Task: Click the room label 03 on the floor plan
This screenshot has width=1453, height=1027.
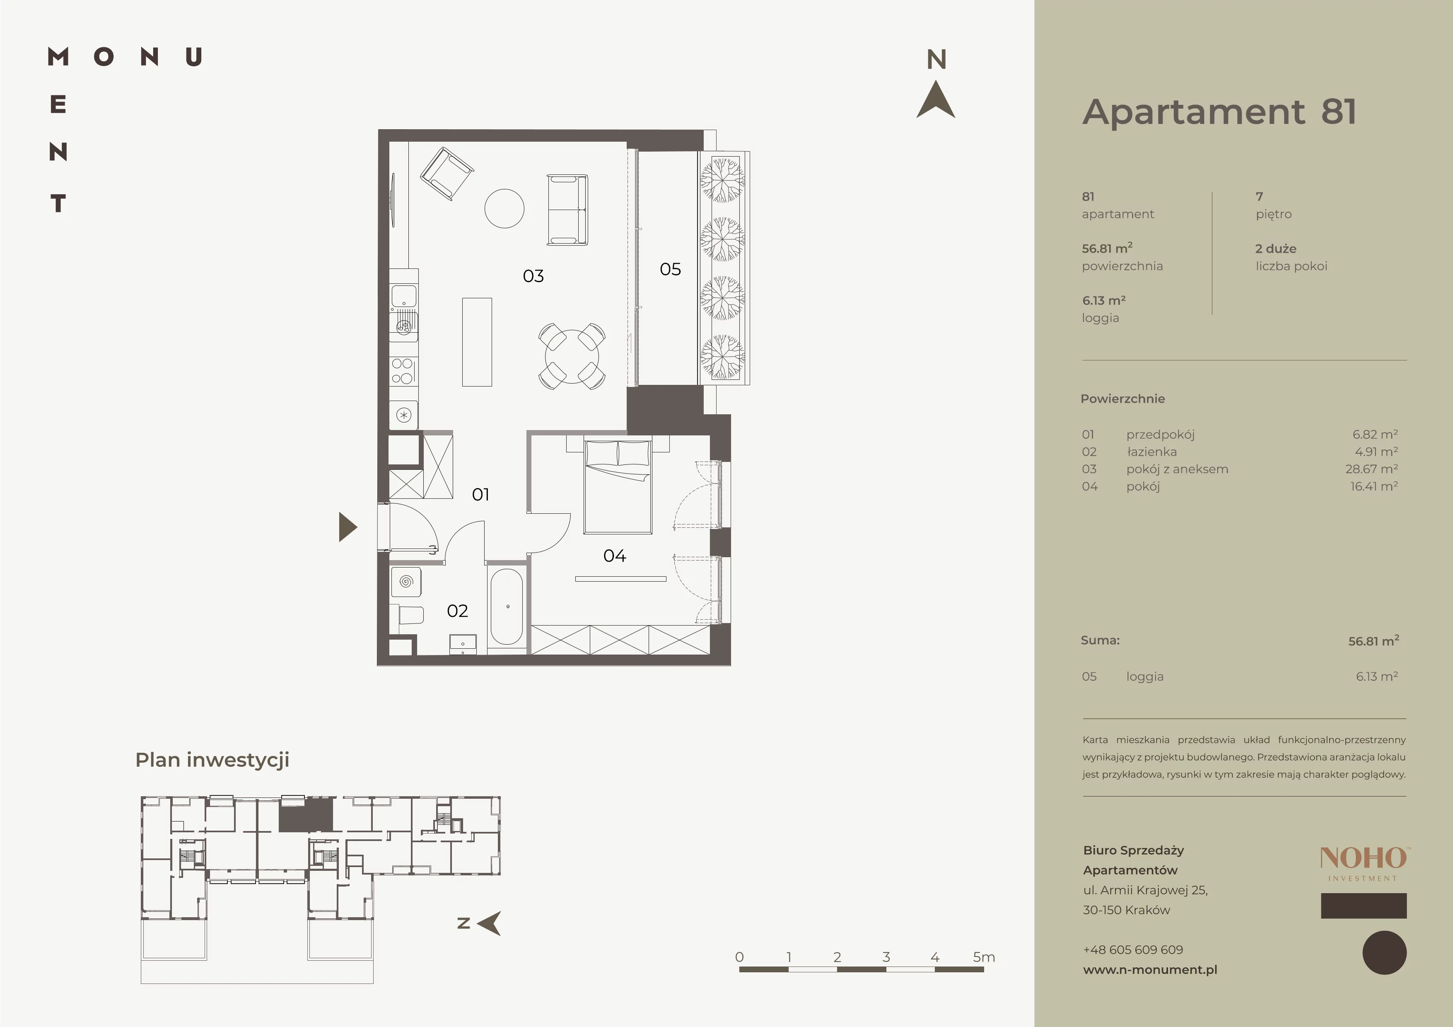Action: pos(533,276)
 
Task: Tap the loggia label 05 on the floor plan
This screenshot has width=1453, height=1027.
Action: pos(670,269)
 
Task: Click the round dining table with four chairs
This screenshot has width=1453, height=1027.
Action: pos(572,356)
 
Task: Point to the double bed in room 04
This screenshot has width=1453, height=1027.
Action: pos(618,487)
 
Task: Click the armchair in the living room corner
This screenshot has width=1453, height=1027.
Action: pos(447,173)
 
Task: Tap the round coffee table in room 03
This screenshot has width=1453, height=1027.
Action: pos(504,208)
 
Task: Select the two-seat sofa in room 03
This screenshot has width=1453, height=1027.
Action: pos(567,210)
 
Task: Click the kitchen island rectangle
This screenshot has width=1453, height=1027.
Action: pos(477,342)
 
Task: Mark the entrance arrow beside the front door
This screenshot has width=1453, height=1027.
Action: pos(348,527)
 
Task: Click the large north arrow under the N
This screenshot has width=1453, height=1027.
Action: pos(936,99)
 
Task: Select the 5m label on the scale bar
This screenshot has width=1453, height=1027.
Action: pos(984,957)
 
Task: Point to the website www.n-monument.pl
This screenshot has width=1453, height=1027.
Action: pos(1150,969)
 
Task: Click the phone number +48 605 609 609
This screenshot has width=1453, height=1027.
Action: pos(1133,949)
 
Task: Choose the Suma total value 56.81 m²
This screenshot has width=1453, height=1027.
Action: pos(1373,641)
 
